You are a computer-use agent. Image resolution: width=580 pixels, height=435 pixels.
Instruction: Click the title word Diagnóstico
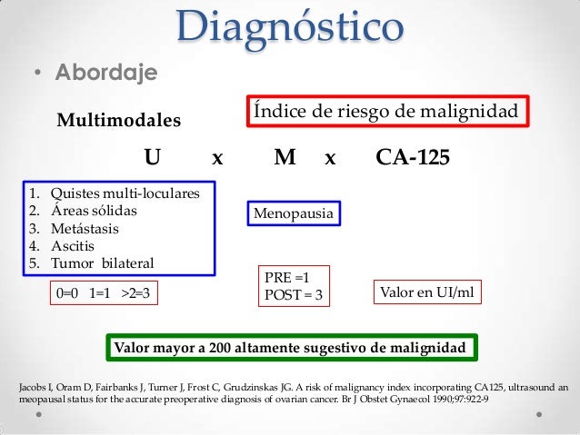point(290,26)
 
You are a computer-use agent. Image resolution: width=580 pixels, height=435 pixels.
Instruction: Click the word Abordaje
point(107,72)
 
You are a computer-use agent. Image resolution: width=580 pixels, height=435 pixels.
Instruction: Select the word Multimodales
point(119,121)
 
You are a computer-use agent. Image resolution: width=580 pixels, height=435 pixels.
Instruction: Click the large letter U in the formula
point(153,159)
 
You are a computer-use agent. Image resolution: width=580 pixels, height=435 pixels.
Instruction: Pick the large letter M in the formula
point(285,159)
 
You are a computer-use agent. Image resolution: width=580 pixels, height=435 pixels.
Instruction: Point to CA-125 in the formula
point(413,159)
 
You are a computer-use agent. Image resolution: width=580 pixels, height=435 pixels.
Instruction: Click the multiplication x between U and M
point(216,159)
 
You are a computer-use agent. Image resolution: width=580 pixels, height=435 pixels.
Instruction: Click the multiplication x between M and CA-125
point(330,159)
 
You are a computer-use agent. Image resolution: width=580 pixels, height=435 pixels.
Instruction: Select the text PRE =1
point(286,278)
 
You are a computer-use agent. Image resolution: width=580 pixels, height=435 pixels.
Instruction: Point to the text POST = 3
point(292,293)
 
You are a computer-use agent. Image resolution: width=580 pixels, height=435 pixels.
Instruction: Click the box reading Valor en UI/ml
point(426,292)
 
